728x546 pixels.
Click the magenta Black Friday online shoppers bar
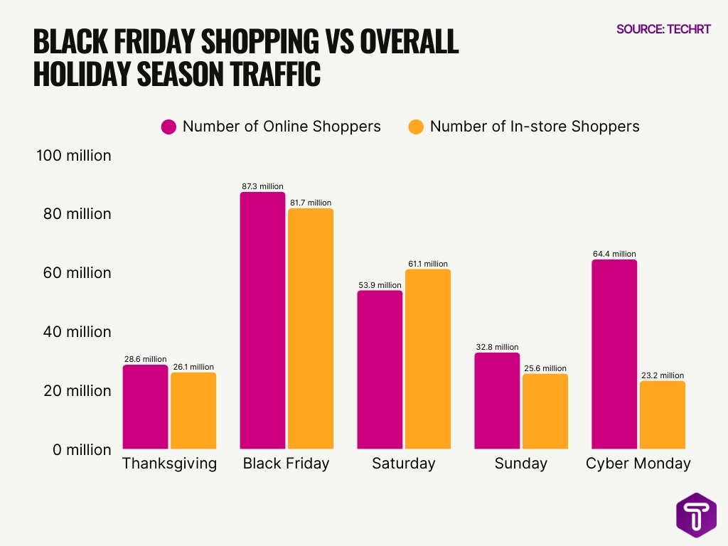coord(262,320)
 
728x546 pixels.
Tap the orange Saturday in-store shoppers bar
coord(427,359)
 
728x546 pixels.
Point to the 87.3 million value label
coord(262,186)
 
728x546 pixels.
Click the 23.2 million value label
coord(662,375)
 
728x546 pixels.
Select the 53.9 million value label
coord(380,285)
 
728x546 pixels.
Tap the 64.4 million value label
coord(614,254)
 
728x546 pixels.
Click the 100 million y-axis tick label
coord(74,155)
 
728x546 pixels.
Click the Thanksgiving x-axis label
coord(169,464)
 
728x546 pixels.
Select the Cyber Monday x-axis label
coord(638,464)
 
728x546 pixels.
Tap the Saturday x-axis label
coord(403,464)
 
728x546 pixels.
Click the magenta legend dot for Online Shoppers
coord(168,127)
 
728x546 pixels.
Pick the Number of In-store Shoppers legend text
coord(535,127)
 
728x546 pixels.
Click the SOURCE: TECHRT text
coord(663,29)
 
